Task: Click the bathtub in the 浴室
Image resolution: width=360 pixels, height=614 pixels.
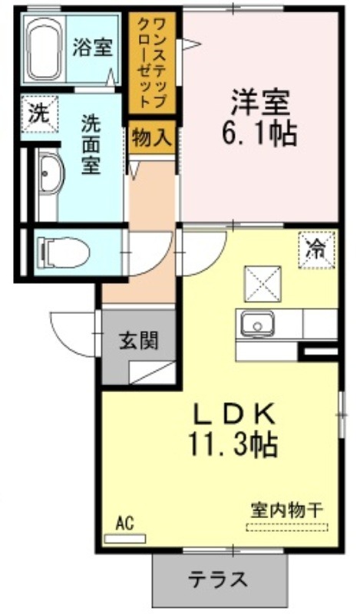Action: [x=46, y=48]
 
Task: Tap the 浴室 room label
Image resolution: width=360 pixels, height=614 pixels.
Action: [x=93, y=48]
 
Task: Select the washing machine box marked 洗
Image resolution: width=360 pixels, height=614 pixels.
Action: [x=40, y=114]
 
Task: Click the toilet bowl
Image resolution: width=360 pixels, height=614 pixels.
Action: [x=64, y=253]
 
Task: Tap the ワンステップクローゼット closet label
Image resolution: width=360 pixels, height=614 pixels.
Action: [x=153, y=63]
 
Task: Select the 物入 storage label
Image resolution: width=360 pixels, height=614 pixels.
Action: [x=152, y=138]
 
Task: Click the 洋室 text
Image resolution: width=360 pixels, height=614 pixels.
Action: [x=260, y=103]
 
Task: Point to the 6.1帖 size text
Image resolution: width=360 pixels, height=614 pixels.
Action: [x=259, y=133]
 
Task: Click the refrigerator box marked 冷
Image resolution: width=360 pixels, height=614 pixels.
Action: [x=316, y=250]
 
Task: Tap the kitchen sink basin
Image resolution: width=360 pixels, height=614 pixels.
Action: [x=257, y=324]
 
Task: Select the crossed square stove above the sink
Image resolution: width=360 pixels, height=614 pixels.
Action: [x=263, y=284]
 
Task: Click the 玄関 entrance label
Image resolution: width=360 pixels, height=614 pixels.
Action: [x=139, y=340]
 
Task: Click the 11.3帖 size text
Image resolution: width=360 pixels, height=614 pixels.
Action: [x=234, y=444]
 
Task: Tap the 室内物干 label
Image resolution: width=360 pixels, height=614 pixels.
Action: [x=287, y=510]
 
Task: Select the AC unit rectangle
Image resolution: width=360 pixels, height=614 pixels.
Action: [x=125, y=539]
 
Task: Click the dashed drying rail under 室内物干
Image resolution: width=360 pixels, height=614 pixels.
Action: [x=287, y=527]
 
